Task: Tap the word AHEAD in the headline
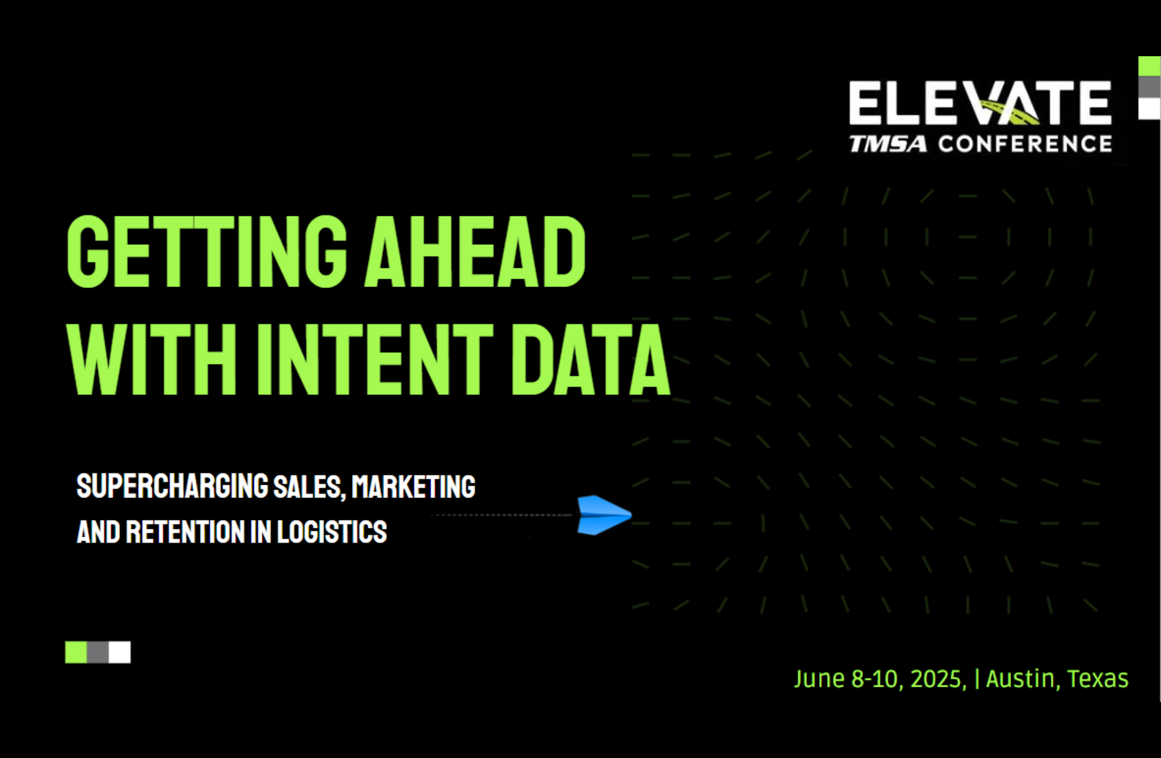pyautogui.click(x=475, y=252)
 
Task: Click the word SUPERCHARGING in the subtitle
pyautogui.click(x=172, y=487)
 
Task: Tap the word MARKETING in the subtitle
pyautogui.click(x=414, y=487)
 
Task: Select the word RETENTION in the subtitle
pyautogui.click(x=184, y=532)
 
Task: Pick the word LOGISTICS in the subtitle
pyautogui.click(x=331, y=532)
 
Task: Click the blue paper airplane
pyautogui.click(x=603, y=515)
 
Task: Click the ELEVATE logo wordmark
pyautogui.click(x=980, y=103)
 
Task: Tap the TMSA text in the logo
pyautogui.click(x=888, y=144)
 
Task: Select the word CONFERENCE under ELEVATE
pyautogui.click(x=1025, y=144)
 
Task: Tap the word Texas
pyautogui.click(x=1098, y=679)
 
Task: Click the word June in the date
pyautogui.click(x=819, y=679)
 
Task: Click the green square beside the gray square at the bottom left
pyautogui.click(x=76, y=652)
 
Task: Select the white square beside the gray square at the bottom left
pyautogui.click(x=120, y=652)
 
